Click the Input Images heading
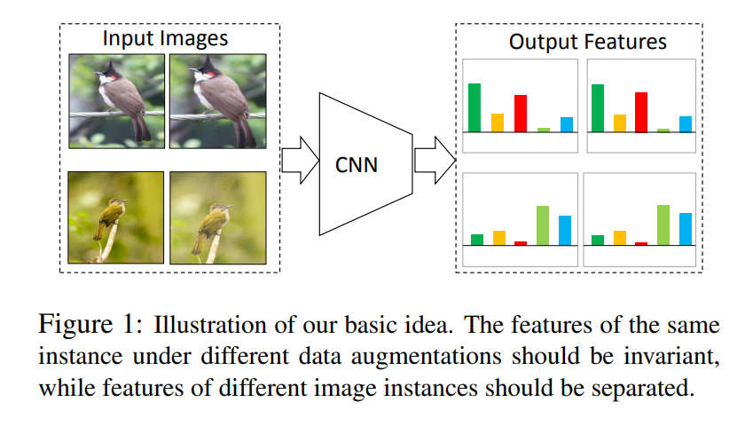click(165, 39)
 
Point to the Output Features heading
click(587, 42)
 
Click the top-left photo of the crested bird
click(117, 100)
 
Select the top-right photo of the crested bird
click(216, 100)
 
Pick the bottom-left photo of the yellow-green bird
click(117, 217)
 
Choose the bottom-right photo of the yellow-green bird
click(216, 217)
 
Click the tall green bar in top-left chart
click(474, 107)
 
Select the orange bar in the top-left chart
click(498, 122)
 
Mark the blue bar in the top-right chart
click(686, 123)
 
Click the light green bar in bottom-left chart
click(543, 225)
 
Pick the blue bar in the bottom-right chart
click(686, 229)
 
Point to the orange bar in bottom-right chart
click(620, 238)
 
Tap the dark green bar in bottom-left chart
click(477, 240)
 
